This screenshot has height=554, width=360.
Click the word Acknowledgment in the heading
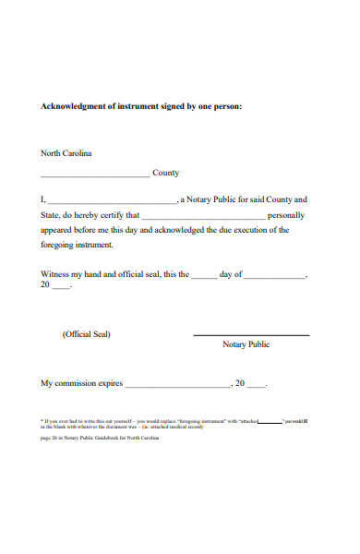pyautogui.click(x=74, y=106)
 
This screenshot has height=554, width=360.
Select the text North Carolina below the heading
pyautogui.click(x=66, y=153)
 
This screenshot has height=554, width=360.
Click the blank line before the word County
pyautogui.click(x=94, y=175)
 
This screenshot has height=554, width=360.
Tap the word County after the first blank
pyautogui.click(x=165, y=173)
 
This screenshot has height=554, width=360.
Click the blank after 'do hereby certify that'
pyautogui.click(x=204, y=216)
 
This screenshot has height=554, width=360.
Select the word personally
pyautogui.click(x=287, y=214)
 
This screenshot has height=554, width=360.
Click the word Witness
pyautogui.click(x=56, y=274)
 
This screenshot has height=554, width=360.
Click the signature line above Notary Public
pyautogui.click(x=251, y=334)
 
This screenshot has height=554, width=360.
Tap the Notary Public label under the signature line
pyautogui.click(x=246, y=344)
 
